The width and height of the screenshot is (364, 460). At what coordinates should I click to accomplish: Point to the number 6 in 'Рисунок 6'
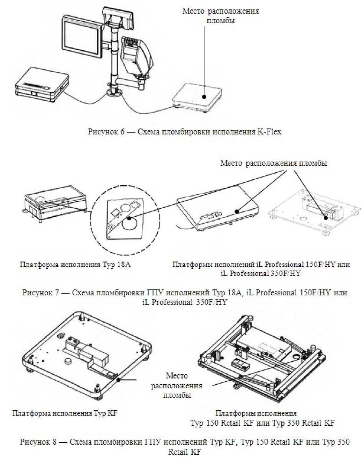(x=122, y=132)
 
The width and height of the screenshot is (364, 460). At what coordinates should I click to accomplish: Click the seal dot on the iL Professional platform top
(x=237, y=211)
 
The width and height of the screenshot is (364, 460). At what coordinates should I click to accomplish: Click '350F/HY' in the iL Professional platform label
(x=285, y=273)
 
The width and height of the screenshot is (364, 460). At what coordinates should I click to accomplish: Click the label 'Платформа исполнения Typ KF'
(x=65, y=414)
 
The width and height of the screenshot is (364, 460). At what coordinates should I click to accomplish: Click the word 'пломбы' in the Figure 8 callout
(x=177, y=395)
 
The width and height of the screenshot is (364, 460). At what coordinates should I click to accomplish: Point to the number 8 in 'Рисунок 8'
(x=54, y=442)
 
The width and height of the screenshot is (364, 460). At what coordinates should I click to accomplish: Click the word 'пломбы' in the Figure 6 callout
(x=221, y=20)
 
